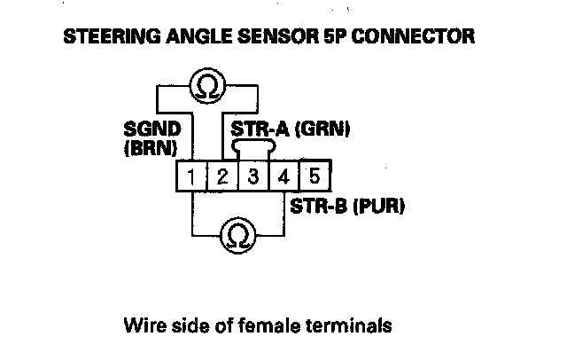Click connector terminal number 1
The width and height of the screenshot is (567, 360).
[x=192, y=176]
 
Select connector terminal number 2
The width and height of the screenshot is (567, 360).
[x=222, y=176]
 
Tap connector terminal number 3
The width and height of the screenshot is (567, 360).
[x=253, y=176]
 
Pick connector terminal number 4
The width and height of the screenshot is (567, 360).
[x=283, y=176]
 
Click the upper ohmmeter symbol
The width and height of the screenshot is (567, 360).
[x=206, y=87]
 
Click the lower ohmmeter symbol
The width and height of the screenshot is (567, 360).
[x=237, y=235]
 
